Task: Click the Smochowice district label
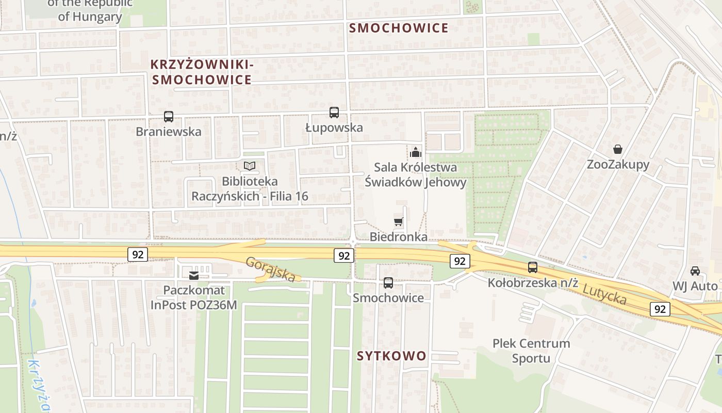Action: (399, 28)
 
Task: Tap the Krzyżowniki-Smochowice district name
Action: (202, 72)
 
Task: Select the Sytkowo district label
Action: (392, 356)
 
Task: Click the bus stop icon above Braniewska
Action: (169, 117)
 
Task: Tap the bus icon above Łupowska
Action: (334, 113)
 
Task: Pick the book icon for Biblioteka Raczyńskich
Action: (250, 166)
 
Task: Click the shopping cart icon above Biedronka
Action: (398, 222)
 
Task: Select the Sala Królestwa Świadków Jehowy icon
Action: (416, 152)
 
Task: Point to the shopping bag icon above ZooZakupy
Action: (617, 150)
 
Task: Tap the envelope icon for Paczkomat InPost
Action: (194, 276)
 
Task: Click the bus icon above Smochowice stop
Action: (388, 283)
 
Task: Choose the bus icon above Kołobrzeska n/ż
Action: (533, 267)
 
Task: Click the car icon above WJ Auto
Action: (695, 271)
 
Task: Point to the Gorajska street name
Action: (271, 269)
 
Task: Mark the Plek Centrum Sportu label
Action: (531, 351)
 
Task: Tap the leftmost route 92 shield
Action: (138, 254)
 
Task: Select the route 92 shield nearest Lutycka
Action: (660, 309)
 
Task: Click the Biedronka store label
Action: (399, 237)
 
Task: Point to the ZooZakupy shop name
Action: (618, 165)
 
